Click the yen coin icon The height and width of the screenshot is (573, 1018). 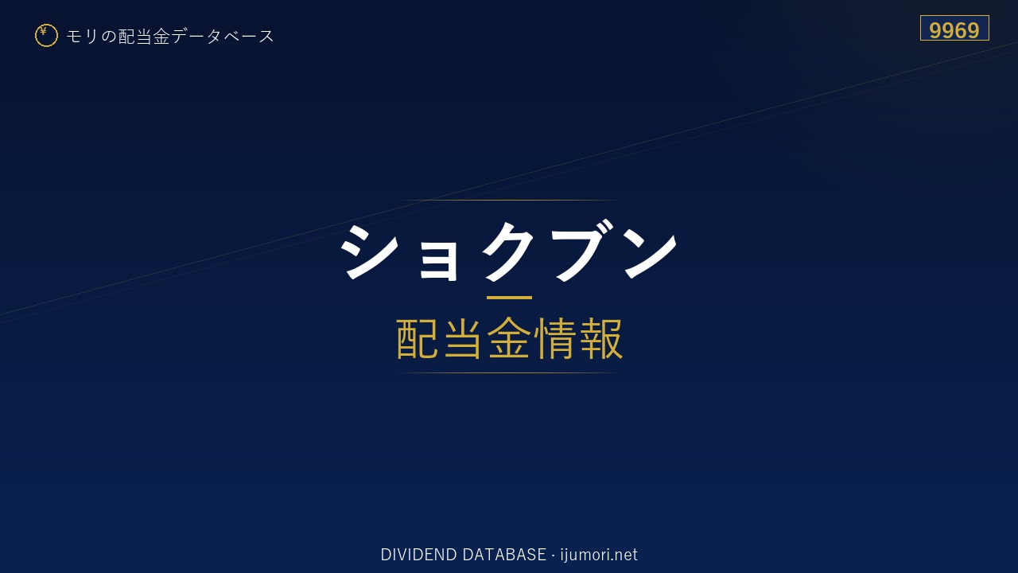(x=46, y=35)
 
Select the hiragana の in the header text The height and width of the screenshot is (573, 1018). (x=109, y=37)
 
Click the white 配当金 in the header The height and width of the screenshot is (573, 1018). (x=144, y=37)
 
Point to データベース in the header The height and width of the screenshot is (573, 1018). (x=223, y=37)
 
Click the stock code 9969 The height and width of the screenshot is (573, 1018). (x=954, y=30)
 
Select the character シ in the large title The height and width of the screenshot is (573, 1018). (x=369, y=251)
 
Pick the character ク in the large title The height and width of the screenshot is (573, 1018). (x=508, y=251)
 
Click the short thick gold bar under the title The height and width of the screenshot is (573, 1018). (x=509, y=298)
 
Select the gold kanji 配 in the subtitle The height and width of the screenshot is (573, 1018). (x=418, y=339)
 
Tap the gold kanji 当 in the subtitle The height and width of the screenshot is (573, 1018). (x=463, y=339)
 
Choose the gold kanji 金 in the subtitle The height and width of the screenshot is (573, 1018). (x=509, y=339)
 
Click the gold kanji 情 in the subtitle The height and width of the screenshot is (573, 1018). (x=554, y=339)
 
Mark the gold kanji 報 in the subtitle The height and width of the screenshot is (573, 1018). (x=600, y=339)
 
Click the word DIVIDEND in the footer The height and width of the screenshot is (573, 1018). (x=418, y=555)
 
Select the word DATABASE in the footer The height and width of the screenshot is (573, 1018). (x=504, y=555)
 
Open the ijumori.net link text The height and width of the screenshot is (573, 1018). (x=599, y=555)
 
